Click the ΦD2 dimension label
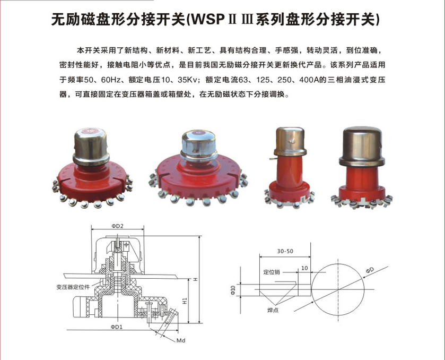click(118, 226)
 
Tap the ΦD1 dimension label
click(117, 327)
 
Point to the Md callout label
click(181, 340)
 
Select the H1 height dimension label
click(185, 301)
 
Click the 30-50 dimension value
click(285, 251)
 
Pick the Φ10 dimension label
click(233, 290)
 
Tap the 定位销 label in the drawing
click(272, 272)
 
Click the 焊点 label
click(273, 310)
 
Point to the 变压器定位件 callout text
click(73, 287)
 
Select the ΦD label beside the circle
click(370, 270)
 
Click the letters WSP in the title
click(207, 20)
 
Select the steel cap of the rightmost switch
click(362, 146)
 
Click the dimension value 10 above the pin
click(304, 268)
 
